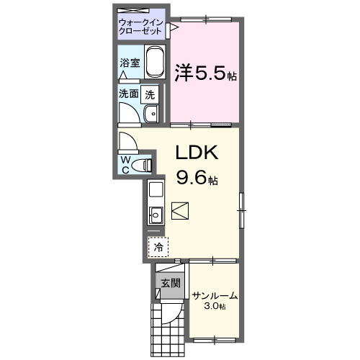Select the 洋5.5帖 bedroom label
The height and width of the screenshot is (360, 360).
click(x=205, y=73)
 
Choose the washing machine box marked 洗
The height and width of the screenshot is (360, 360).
click(x=149, y=93)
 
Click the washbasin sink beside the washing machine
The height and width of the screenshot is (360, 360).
click(x=151, y=114)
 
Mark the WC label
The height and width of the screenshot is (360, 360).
click(x=125, y=163)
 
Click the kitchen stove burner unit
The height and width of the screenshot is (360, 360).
click(x=155, y=191)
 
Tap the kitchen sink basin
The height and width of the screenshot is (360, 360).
click(x=155, y=214)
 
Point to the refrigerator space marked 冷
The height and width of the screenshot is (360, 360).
click(x=158, y=246)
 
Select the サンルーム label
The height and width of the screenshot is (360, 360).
click(x=214, y=296)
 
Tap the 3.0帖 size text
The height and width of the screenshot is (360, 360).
click(x=215, y=307)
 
